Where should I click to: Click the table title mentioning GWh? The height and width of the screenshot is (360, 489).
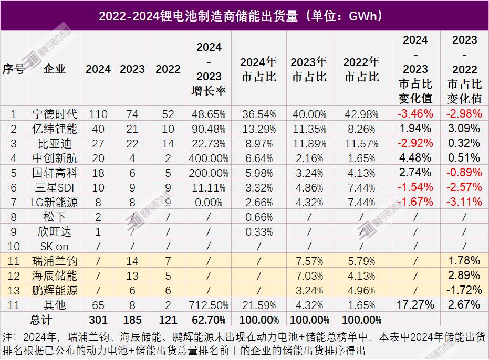coord(244,16)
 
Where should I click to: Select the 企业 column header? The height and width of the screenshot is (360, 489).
coord(55,69)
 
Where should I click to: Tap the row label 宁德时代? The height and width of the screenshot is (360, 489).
coord(55,113)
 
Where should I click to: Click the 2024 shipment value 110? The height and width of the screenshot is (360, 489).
coord(98,113)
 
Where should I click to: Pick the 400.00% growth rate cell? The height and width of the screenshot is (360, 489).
coord(209,157)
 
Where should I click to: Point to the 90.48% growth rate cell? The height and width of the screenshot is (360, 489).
coord(209,128)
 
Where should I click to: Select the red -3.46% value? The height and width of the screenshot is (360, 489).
coord(416,113)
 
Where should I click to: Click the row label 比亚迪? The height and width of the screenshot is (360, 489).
coord(55,143)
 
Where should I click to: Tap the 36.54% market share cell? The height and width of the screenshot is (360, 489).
coord(258,113)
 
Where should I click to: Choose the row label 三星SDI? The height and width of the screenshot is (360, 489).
coord(55,187)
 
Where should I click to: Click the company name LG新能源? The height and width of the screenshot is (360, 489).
coord(55,202)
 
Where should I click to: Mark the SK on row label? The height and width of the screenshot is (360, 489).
coord(55,246)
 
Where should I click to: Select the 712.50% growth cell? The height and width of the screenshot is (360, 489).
coord(209,304)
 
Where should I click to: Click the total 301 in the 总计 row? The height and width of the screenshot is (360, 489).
coord(98,319)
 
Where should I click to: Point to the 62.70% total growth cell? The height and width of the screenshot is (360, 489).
coord(209,319)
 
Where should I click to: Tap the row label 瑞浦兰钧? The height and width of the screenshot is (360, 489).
coord(55,261)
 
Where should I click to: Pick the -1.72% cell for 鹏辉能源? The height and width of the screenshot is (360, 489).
coord(464,290)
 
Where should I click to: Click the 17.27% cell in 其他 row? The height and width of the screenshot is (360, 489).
coord(416,304)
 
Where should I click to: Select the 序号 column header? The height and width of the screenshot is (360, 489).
coord(14,69)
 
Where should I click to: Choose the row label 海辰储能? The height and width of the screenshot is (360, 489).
coord(55,276)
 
